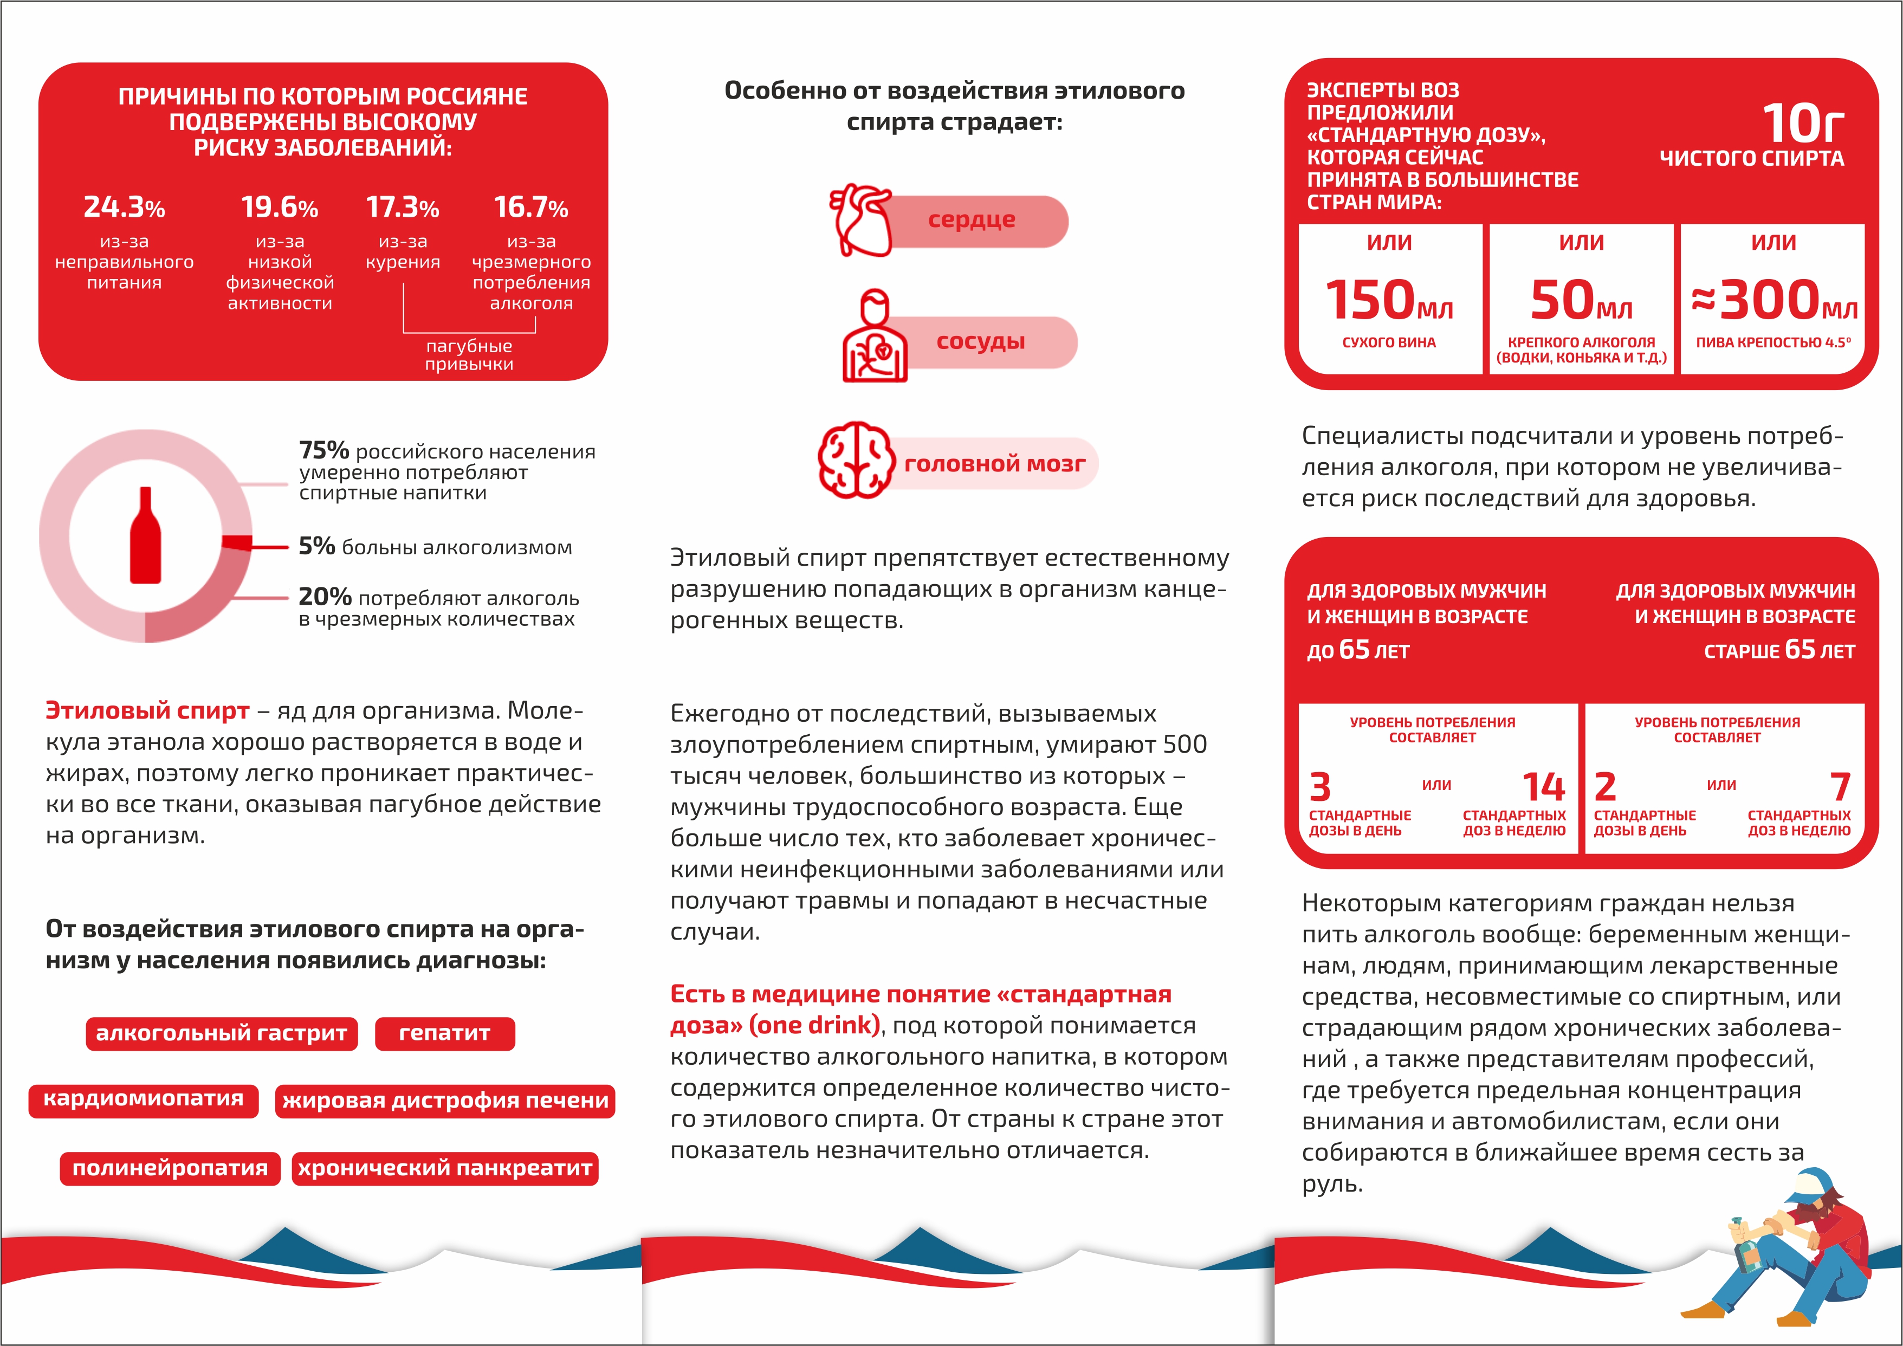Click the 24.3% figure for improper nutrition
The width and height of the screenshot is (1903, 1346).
124,206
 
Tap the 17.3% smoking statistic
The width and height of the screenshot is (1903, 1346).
403,207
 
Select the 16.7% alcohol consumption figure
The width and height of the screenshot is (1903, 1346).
531,207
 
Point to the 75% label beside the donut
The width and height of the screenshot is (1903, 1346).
324,450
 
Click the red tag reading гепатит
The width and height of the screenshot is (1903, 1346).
445,1033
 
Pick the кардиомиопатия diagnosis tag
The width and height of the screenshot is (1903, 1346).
144,1100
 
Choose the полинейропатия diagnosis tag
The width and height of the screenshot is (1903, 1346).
170,1169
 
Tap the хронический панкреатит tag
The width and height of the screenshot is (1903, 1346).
445,1169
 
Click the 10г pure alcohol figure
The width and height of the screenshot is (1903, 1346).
1803,124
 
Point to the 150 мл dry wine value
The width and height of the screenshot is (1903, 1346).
1389,300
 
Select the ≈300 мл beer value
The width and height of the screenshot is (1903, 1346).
1773,300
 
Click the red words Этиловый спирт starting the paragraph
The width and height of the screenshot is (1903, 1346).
147,711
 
